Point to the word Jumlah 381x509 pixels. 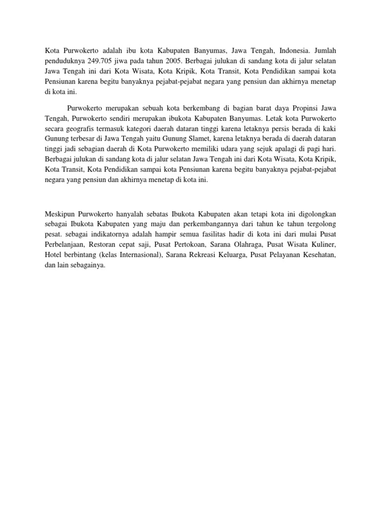pos(325,51)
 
